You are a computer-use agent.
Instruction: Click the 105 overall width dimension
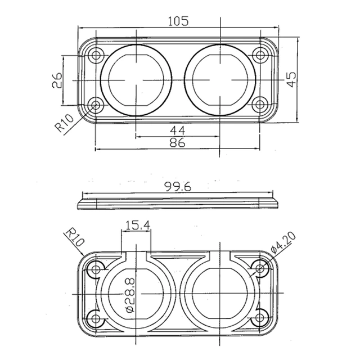click(178, 21)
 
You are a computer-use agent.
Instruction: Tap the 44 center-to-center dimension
click(178, 130)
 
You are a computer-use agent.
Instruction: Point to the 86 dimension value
click(178, 143)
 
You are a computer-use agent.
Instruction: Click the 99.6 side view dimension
click(178, 187)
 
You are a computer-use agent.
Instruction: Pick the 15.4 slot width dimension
click(137, 226)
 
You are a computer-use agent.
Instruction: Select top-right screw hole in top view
click(259, 55)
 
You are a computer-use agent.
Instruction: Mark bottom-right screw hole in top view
click(259, 105)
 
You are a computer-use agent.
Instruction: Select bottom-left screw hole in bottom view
click(96, 320)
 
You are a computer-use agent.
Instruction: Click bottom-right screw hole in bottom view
click(260, 320)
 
